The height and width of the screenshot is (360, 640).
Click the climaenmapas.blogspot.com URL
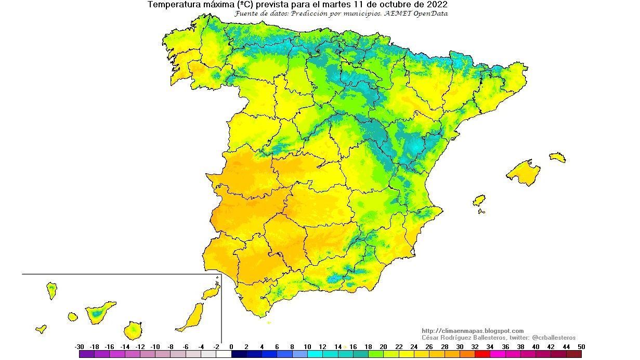pyautogui.click(x=473, y=331)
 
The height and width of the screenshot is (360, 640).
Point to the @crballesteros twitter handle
pyautogui.click(x=554, y=338)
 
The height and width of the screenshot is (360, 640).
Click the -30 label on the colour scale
pyautogui.click(x=79, y=346)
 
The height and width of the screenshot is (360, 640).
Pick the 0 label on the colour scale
pyautogui.click(x=231, y=346)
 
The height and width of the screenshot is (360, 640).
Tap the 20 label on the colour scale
pyautogui.click(x=383, y=346)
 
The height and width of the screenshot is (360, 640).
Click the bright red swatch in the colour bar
pyautogui.click(x=482, y=354)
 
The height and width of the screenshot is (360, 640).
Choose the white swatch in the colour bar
pyautogui.click(x=224, y=354)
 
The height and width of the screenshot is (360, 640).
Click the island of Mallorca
pyautogui.click(x=524, y=173)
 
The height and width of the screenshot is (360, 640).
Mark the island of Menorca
pyautogui.click(x=558, y=157)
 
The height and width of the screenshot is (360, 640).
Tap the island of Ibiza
pyautogui.click(x=479, y=200)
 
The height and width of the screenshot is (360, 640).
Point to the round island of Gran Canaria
pyautogui.click(x=133, y=330)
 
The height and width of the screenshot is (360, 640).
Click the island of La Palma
pyautogui.click(x=51, y=290)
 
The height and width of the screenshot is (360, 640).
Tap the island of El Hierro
pyautogui.click(x=41, y=329)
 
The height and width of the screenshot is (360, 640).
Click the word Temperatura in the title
pyautogui.click(x=173, y=5)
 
